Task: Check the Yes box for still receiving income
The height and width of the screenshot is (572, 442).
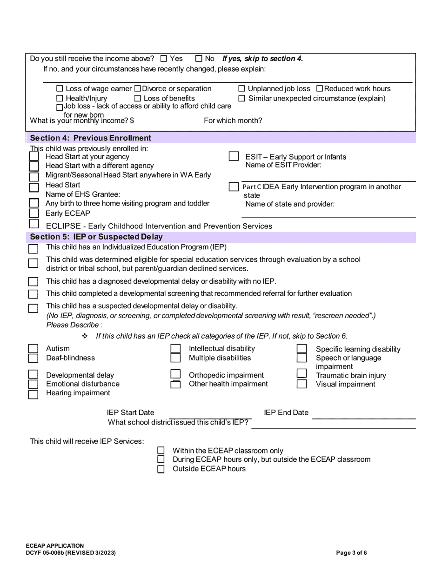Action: [163, 59]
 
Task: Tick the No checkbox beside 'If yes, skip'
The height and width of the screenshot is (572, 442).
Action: [199, 59]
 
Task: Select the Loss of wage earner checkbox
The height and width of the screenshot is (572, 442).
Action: [59, 88]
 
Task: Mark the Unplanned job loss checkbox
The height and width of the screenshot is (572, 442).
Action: [241, 88]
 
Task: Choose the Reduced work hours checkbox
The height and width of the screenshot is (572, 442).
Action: [320, 88]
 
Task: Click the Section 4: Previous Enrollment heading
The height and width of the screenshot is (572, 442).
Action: [90, 138]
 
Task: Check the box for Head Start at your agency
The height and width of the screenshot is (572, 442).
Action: [34, 157]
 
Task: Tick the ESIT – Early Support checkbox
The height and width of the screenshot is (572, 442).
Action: [234, 157]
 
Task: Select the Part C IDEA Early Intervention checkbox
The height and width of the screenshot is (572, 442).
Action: [234, 186]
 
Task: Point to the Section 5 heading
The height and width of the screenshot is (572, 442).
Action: [96, 237]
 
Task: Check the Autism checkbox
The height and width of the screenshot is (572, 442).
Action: [33, 349]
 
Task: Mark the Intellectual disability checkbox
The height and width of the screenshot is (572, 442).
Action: [175, 349]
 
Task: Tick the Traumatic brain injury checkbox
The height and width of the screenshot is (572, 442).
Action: [302, 374]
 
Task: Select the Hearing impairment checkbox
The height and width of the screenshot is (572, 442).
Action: [33, 394]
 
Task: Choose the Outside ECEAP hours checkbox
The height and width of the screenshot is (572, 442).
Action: [161, 469]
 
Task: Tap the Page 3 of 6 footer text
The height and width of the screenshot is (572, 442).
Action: [351, 553]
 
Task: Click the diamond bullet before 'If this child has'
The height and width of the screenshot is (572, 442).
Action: [85, 336]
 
